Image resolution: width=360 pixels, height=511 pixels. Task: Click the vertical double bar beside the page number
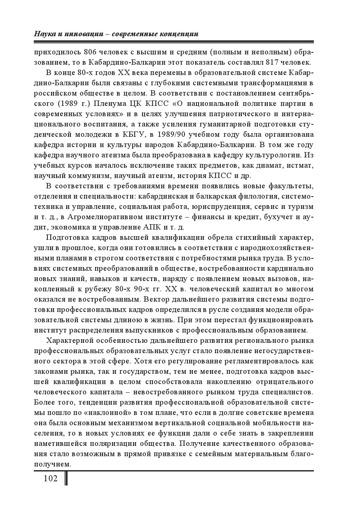[x=66, y=479]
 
